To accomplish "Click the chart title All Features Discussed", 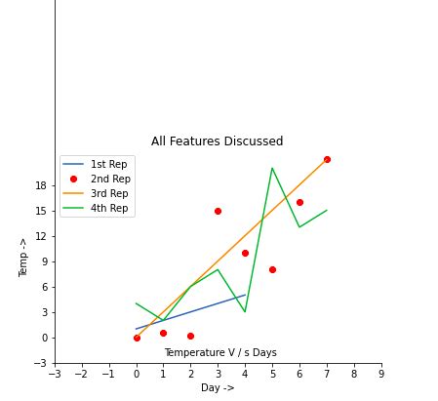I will click(217, 141).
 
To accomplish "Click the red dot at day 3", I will click(218, 211).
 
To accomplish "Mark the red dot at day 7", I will click(327, 159).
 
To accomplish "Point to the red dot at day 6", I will click(299, 202).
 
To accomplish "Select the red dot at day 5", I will click(272, 269).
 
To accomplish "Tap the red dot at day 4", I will click(245, 253).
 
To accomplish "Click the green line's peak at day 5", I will click(272, 168).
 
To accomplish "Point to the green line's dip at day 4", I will click(245, 312).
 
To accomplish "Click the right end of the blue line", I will click(245, 295).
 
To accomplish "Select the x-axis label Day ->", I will click(218, 388).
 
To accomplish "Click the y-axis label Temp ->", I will click(24, 257).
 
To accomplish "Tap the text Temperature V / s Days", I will click(220, 352).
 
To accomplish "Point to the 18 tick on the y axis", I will click(42, 185).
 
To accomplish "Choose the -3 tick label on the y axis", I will click(40, 363).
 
